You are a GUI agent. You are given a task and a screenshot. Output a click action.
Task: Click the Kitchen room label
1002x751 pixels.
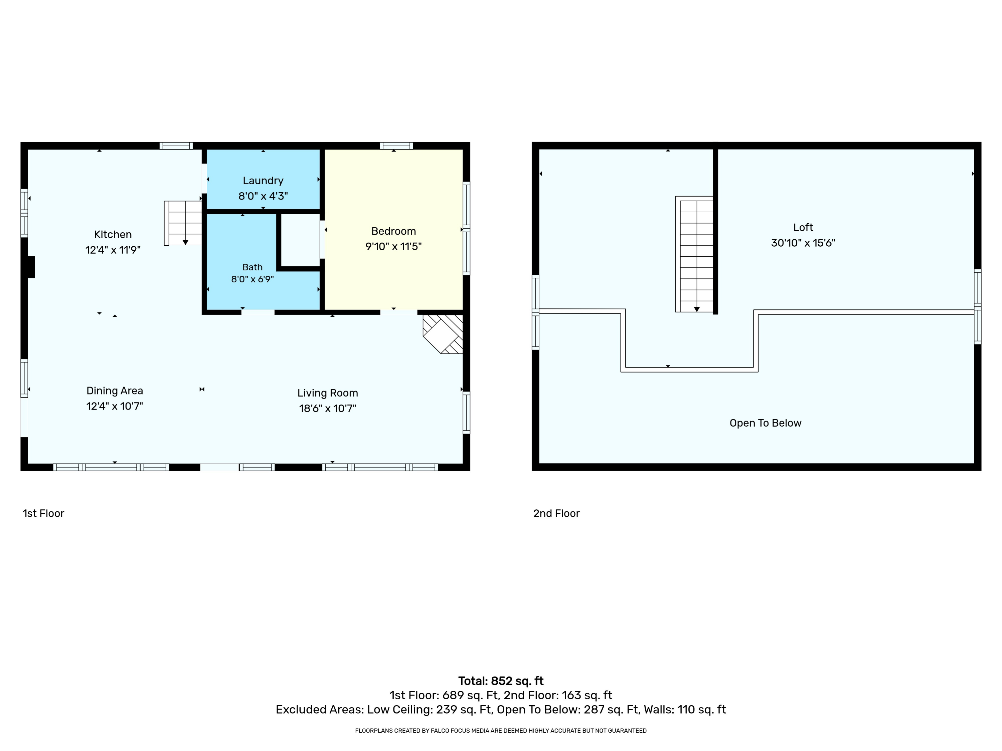113,235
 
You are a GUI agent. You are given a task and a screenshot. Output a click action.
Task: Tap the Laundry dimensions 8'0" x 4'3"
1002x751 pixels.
263,196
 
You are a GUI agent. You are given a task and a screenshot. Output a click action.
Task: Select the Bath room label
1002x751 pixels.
252,267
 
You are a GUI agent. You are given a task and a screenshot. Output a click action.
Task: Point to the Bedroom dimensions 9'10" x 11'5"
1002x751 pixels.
394,246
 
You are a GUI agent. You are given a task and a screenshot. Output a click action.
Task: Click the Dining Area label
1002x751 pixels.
115,391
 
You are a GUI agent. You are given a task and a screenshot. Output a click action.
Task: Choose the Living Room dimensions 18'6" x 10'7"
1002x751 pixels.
328,408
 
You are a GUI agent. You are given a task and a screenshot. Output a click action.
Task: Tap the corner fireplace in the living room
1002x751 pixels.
443,334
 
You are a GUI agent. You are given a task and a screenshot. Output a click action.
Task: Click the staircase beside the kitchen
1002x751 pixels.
183,223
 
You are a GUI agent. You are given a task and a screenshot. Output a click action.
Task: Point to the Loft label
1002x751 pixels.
803,227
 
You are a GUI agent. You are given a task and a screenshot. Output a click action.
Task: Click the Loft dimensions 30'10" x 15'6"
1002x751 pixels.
803,243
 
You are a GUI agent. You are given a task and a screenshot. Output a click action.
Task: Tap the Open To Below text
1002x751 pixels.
766,423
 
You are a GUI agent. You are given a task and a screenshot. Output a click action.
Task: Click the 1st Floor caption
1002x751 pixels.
43,513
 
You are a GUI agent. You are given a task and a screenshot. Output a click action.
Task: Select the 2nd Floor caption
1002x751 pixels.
556,513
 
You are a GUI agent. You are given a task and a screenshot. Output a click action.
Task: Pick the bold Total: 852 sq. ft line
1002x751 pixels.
501,681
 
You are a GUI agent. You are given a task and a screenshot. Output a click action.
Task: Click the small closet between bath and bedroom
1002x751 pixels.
300,240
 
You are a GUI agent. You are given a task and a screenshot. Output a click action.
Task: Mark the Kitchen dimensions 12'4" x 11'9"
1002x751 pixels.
113,250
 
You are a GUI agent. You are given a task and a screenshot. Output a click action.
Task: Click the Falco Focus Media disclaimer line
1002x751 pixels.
501,730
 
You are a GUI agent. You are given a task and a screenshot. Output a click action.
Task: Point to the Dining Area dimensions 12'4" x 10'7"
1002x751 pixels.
115,406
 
